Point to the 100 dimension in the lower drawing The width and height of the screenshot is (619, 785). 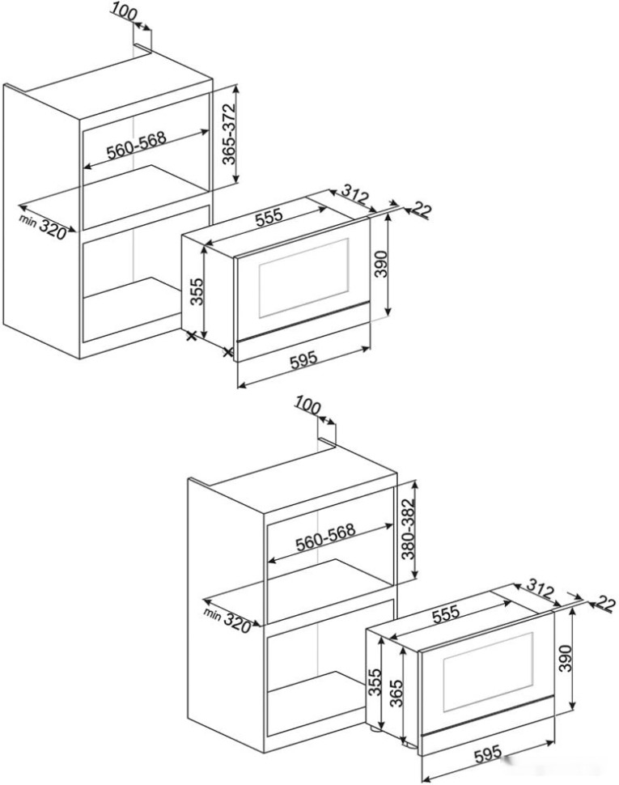pos(309,404)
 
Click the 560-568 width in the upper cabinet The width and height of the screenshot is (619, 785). pos(137,144)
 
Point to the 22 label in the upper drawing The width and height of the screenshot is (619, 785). pos(422,210)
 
